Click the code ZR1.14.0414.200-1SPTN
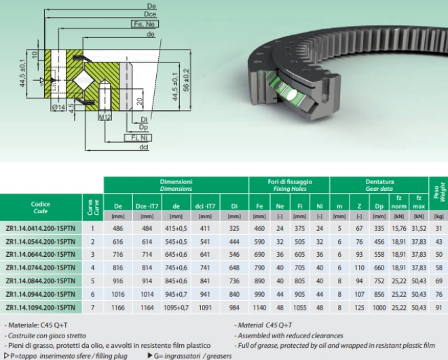pyautogui.click(x=41, y=228)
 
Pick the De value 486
pyautogui.click(x=118, y=228)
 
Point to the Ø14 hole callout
pyautogui.click(x=59, y=107)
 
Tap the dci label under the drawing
pyautogui.click(x=143, y=147)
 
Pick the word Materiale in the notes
pyautogui.click(x=29, y=325)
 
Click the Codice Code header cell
pyautogui.click(x=41, y=207)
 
